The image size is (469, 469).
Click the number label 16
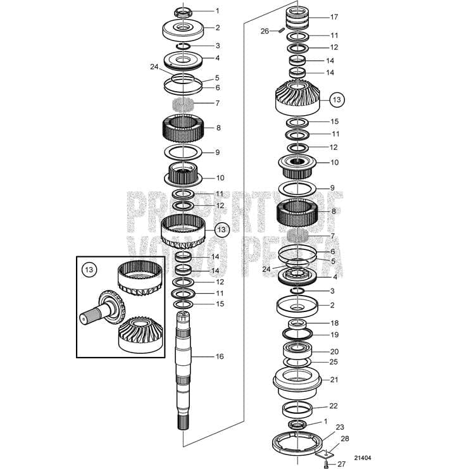tap(219, 356)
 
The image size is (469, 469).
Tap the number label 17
tap(334, 17)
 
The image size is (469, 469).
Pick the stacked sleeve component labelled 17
tap(298, 18)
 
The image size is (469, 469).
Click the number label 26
tap(265, 30)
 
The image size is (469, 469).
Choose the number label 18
tap(334, 323)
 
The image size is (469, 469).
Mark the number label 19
tap(334, 334)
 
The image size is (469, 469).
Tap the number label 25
tap(334, 362)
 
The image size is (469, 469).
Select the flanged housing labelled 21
tap(298, 382)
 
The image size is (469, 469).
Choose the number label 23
tap(340, 427)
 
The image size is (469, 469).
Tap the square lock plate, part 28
tap(325, 453)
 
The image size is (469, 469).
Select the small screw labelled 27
tap(325, 465)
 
